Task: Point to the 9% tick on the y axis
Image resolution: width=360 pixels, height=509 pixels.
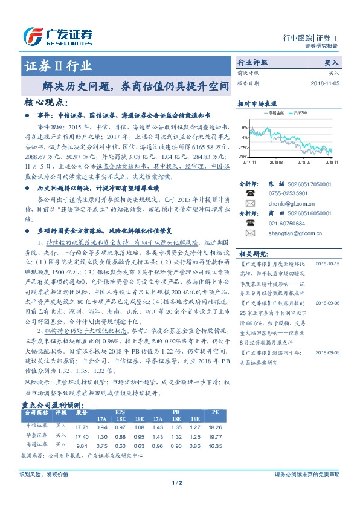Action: (x=244, y=128)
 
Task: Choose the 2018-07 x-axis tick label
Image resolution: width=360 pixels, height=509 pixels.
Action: (x=304, y=162)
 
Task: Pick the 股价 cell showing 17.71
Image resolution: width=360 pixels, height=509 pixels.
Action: (x=82, y=427)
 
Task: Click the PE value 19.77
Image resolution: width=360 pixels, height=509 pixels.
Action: (x=215, y=436)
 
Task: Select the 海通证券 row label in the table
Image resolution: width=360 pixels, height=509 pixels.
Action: (x=36, y=445)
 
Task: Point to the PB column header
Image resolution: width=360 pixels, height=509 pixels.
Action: (x=175, y=412)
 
